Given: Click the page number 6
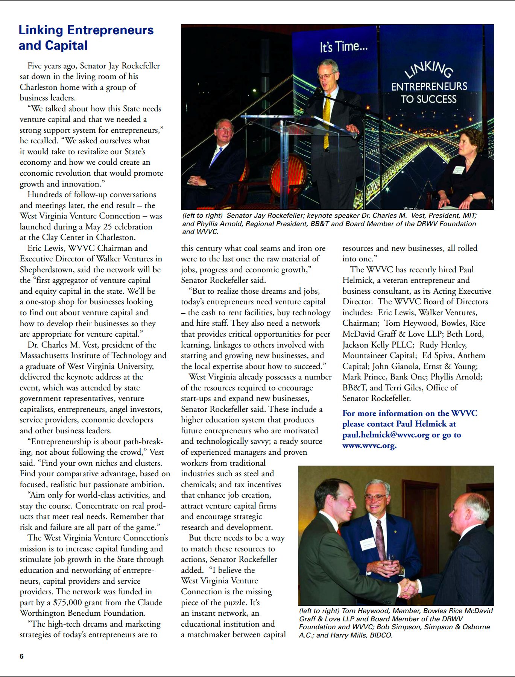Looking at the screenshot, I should pos(21,656).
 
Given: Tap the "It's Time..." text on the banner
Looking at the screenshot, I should pos(343,47).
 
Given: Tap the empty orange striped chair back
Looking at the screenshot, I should pos(288,177).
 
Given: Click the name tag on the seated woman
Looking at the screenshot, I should pos(459,169).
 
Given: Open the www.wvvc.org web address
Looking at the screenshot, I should pos(369,446).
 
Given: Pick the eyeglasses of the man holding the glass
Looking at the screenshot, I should pos(375,497).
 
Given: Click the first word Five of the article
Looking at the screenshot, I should pos(34,66).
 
